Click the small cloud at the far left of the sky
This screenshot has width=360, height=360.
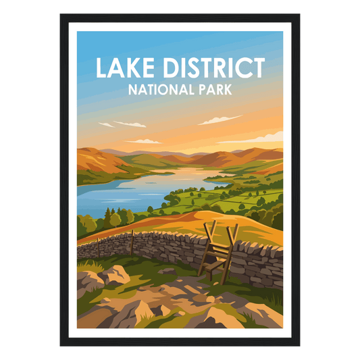coord(106,124)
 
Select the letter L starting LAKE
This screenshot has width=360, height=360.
coord(101,68)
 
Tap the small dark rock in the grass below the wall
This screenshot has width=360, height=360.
coord(168,272)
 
